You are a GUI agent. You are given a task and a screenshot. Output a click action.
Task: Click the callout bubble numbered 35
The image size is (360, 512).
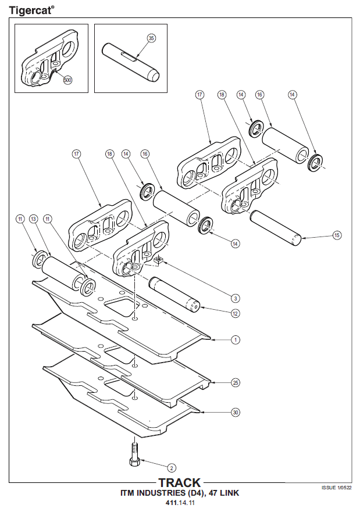pyautogui.click(x=151, y=38)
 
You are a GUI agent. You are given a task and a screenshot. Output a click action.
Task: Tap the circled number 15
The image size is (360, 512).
pyautogui.click(x=337, y=235)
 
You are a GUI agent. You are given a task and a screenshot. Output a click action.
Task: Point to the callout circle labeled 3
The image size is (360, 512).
pyautogui.click(x=235, y=298)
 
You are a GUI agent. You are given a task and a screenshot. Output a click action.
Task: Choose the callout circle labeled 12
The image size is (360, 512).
pyautogui.click(x=235, y=314)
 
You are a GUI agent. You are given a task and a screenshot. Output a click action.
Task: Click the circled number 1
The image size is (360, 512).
pyautogui.click(x=235, y=339)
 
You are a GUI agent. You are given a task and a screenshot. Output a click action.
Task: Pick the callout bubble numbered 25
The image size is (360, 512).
pyautogui.click(x=235, y=382)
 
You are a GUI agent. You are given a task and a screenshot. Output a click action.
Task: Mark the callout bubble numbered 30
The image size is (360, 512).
pyautogui.click(x=235, y=412)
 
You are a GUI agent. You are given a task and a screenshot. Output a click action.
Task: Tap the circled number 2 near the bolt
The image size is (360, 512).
pyautogui.click(x=171, y=467)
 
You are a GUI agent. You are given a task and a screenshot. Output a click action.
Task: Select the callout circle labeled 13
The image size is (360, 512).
pyautogui.click(x=33, y=219)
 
